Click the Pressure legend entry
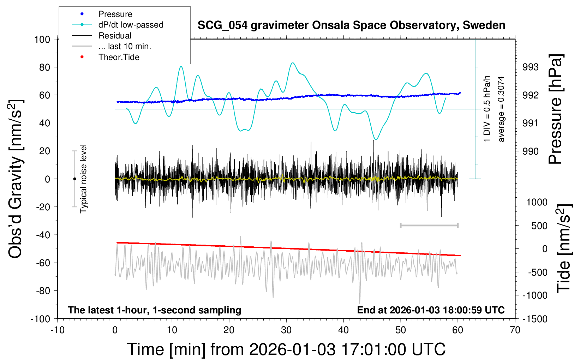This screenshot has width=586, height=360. coord(115,14)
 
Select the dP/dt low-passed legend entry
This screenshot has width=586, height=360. coord(131,25)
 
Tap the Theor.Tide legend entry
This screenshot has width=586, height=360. coord(119,57)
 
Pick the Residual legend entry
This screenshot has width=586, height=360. coord(115,36)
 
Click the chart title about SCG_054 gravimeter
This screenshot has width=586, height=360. coord(351,25)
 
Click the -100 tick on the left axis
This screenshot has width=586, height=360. coord(41,319)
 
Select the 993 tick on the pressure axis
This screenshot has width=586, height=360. coord(531,67)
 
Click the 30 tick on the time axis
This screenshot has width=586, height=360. coord(286,330)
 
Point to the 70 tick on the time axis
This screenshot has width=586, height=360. coord(515,330)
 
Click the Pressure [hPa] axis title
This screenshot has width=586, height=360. coord(556,109)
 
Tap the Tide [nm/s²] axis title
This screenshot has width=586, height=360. coord(564,248)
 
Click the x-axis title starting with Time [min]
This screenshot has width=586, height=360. coord(286,349)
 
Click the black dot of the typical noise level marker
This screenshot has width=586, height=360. coord(74,179)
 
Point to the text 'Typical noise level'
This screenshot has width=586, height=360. coord(83,179)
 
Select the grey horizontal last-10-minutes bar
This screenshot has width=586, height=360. coord(429,225)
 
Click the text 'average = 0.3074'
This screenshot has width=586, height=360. coord(501,109)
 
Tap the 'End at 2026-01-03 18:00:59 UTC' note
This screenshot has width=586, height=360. coord(431,310)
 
